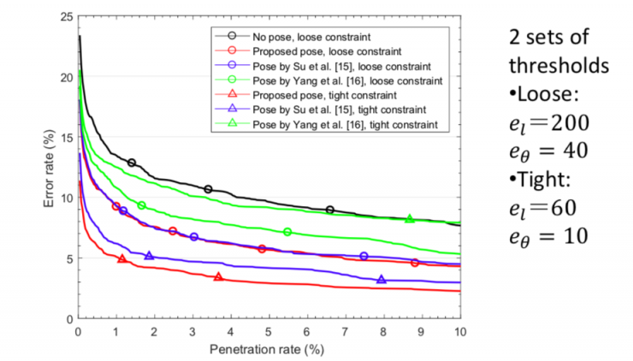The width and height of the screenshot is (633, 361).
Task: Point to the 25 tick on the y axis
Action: (66, 16)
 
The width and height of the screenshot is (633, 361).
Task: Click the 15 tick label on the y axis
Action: (66, 137)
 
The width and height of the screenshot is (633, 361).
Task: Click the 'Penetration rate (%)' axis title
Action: (269, 349)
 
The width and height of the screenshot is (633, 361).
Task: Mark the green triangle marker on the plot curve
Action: (410, 219)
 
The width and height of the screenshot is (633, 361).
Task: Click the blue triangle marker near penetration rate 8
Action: (382, 280)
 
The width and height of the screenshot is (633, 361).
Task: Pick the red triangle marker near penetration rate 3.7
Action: (219, 277)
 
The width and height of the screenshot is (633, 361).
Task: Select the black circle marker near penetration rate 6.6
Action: (330, 210)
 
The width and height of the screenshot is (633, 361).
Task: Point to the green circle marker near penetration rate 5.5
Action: (287, 232)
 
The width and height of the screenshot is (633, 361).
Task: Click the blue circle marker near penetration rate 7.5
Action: (364, 256)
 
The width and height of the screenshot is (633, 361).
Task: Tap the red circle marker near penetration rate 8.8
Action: (415, 263)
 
